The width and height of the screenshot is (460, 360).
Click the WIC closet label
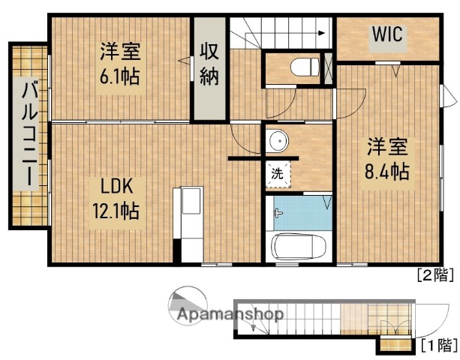coord(388,34)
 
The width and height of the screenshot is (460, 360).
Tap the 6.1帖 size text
coord(120,76)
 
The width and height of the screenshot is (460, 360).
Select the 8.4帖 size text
coord(386,171)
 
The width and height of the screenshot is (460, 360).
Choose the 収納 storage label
coord(209,65)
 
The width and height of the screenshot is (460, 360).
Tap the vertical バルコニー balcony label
coord(29,134)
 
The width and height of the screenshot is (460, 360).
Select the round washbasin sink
coord(278,140)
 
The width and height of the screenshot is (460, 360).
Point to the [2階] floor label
coord(434,275)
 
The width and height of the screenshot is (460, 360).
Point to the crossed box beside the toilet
coord(326,68)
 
